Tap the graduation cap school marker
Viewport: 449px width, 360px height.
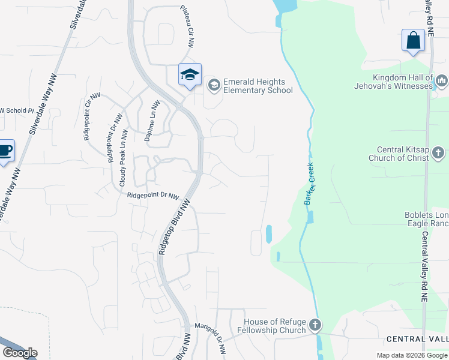190,75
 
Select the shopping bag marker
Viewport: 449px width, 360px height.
413,41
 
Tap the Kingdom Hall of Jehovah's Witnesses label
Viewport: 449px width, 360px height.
402,82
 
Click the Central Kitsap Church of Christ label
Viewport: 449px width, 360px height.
403,154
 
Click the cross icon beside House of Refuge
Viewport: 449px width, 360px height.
316,326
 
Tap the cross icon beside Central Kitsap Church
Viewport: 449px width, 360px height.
439,153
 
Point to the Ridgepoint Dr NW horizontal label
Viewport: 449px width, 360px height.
153,196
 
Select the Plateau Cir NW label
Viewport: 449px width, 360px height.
187,26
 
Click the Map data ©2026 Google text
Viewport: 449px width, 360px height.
412,355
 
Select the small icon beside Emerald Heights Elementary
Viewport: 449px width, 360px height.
214,86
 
